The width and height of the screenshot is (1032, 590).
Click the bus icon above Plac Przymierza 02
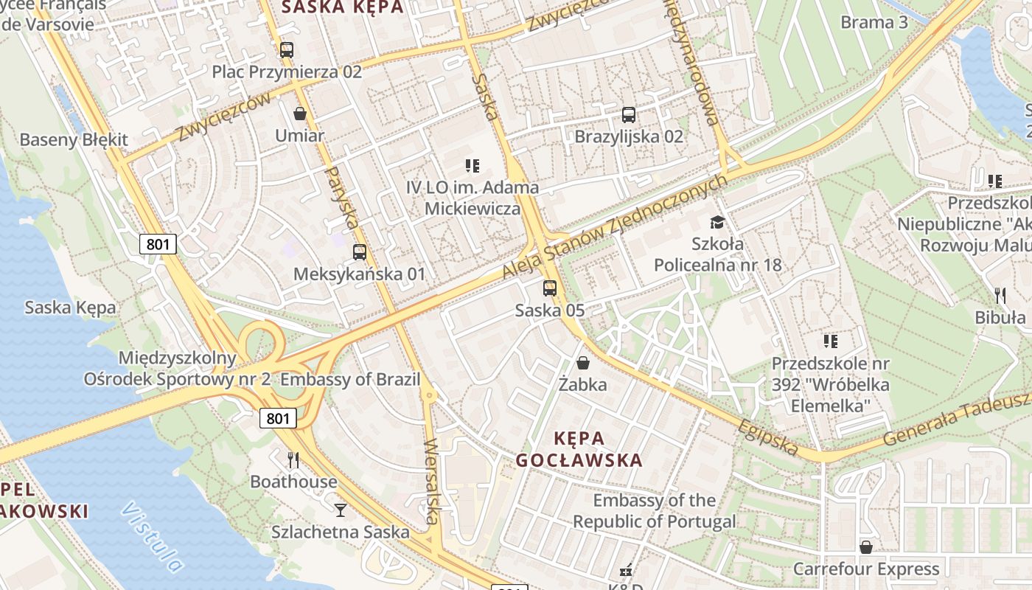pyautogui.click(x=287, y=50)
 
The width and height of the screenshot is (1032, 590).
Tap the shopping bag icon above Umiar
pyautogui.click(x=300, y=114)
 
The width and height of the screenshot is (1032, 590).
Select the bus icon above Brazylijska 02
pyautogui.click(x=629, y=115)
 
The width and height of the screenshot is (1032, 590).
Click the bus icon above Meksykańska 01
pyautogui.click(x=360, y=252)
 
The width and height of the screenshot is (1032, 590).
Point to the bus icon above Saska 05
pyautogui.click(x=550, y=288)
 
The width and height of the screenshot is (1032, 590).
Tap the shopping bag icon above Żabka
pyautogui.click(x=583, y=363)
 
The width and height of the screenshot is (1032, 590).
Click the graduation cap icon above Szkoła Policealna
pyautogui.click(x=717, y=222)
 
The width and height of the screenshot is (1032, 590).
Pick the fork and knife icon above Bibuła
pyautogui.click(x=1000, y=296)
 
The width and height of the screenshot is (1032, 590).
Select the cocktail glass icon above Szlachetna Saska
pyautogui.click(x=340, y=510)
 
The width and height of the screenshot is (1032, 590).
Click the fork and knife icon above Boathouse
pyautogui.click(x=293, y=460)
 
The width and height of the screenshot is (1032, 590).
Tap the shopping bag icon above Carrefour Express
pyautogui.click(x=866, y=547)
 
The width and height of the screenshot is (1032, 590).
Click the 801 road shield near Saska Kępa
pyautogui.click(x=158, y=244)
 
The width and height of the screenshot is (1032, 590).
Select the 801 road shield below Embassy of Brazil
pyautogui.click(x=278, y=419)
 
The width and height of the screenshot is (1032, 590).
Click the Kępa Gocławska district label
pyautogui.click(x=579, y=449)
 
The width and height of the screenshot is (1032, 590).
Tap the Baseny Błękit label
pyautogui.click(x=74, y=139)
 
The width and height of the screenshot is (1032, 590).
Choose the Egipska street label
pyautogui.click(x=767, y=437)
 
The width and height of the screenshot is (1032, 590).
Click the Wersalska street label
pyautogui.click(x=432, y=481)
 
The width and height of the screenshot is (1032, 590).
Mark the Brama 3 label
pyautogui.click(x=874, y=22)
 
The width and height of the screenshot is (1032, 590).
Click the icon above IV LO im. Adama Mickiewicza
pyautogui.click(x=473, y=166)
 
